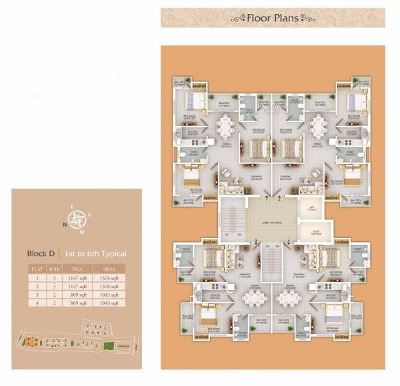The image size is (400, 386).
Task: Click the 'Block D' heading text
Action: (x=41, y=253)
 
